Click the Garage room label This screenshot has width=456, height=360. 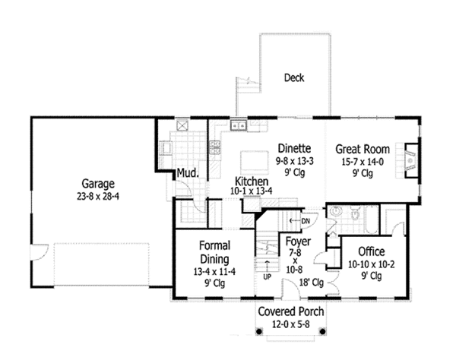[98, 184]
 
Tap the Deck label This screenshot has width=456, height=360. [294, 77]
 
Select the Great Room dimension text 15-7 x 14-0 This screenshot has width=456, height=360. [363, 162]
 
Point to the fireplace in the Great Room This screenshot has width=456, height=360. [411, 160]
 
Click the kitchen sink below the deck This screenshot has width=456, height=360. [239, 125]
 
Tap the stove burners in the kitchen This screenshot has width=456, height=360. [214, 147]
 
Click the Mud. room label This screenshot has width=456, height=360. [188, 173]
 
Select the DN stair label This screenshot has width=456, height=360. [306, 221]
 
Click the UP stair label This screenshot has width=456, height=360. [267, 277]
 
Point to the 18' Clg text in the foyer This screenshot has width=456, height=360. [311, 283]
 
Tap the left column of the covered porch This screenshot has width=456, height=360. [259, 331]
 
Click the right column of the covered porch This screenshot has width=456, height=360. [322, 331]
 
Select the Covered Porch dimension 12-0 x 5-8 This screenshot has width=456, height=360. [291, 324]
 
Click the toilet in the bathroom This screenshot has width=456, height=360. [355, 213]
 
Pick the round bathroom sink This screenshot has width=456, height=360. [336, 211]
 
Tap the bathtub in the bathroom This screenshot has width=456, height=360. [371, 219]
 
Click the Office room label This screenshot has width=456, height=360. [372, 251]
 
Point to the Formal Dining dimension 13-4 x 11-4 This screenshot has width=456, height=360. [214, 272]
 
